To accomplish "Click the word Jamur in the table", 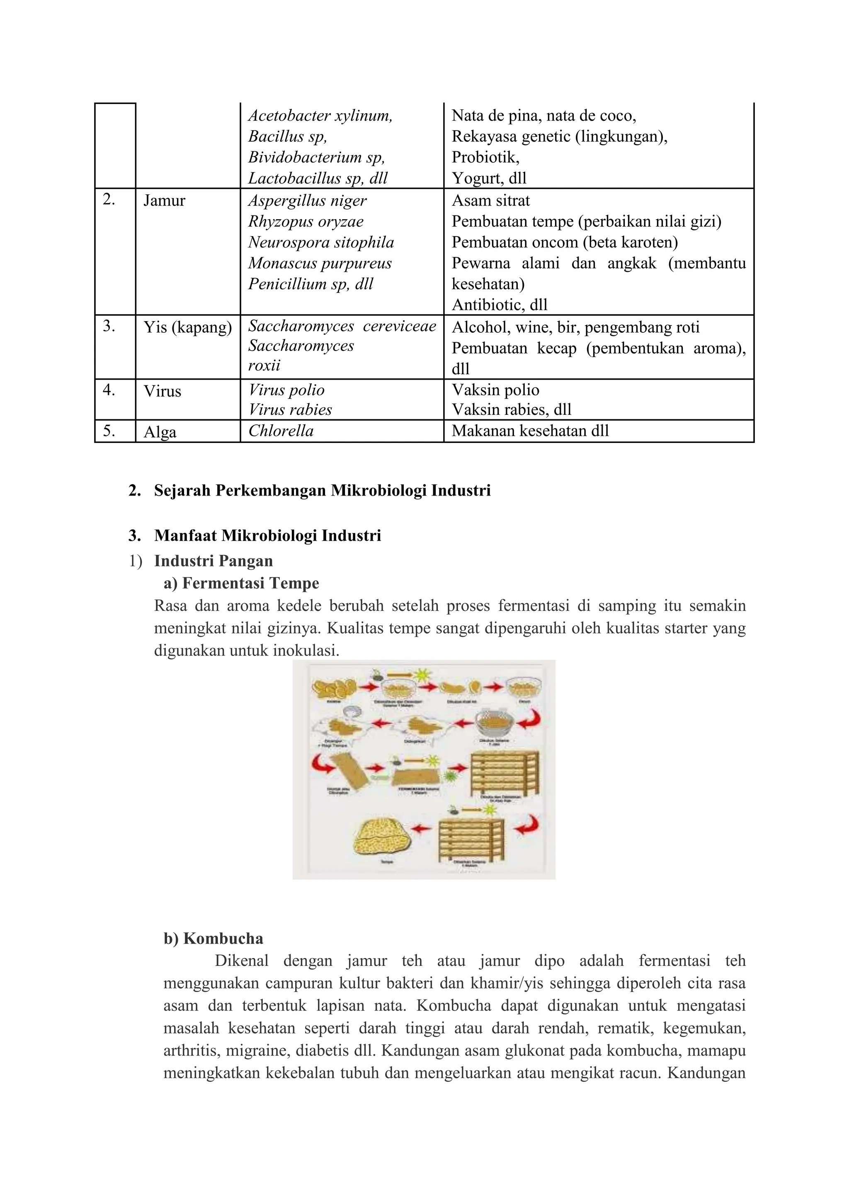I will (x=164, y=201).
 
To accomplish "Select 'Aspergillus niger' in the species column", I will (x=308, y=201).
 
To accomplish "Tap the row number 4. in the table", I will (x=109, y=390).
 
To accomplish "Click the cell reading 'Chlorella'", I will (x=281, y=431).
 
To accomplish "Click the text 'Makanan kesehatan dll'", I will (x=530, y=431).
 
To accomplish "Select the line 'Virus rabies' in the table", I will (x=290, y=410).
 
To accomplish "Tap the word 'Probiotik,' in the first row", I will (x=485, y=157).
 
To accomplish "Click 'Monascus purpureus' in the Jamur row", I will (x=320, y=264).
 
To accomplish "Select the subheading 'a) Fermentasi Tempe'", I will (x=242, y=583).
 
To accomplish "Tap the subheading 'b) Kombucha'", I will (x=213, y=939).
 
